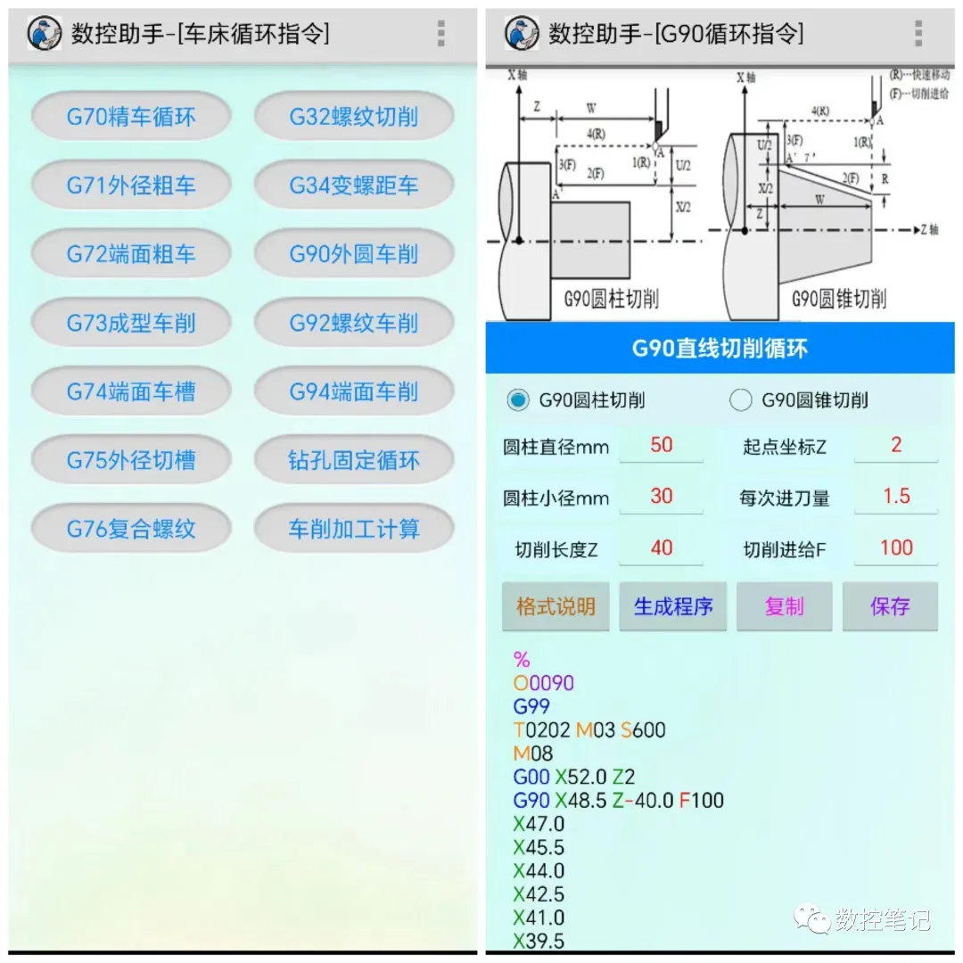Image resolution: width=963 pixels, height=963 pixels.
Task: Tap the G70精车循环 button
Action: (x=131, y=117)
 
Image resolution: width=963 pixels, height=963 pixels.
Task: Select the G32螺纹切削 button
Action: (x=354, y=117)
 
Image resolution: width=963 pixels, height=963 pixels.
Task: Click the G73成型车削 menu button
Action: (x=131, y=323)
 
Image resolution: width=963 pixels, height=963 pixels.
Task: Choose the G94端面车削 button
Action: (x=354, y=391)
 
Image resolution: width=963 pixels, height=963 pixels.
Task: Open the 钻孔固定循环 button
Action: (x=354, y=460)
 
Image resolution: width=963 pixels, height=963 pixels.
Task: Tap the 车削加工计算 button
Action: (x=354, y=529)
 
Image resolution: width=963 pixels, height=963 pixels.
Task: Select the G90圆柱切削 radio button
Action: (x=517, y=400)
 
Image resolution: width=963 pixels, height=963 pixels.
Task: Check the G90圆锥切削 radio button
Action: (x=740, y=400)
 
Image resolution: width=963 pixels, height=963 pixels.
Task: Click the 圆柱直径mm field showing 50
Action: (x=662, y=445)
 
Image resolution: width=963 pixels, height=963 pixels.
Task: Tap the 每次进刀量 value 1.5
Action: (x=896, y=497)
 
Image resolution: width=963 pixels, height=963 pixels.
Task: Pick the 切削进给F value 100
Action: (x=896, y=548)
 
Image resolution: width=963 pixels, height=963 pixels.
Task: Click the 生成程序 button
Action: (x=673, y=607)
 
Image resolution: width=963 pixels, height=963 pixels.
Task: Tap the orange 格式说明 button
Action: (x=556, y=607)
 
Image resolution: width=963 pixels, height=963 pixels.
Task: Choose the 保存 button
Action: (x=890, y=607)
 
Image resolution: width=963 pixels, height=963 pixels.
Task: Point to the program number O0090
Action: (x=544, y=683)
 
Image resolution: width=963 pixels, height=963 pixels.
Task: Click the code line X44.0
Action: (x=539, y=870)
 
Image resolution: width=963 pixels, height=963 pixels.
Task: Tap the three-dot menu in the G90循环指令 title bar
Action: (x=918, y=33)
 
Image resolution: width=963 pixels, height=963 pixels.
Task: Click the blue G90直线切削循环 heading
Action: (x=720, y=348)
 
